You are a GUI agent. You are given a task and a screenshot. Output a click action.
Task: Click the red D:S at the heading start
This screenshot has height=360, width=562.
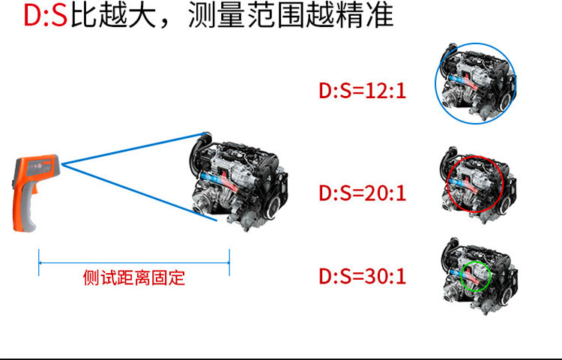(46, 16)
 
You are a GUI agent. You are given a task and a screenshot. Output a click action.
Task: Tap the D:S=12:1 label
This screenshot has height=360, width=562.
(362, 91)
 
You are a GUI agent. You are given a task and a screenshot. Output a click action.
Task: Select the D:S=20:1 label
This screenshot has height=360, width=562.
(362, 193)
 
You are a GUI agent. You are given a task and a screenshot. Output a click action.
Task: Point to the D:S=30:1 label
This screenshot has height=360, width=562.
(362, 277)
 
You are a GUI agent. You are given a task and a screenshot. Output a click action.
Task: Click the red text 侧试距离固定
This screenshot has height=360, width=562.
(133, 278)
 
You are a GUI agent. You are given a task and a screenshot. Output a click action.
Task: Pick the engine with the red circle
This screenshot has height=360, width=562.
(475, 184)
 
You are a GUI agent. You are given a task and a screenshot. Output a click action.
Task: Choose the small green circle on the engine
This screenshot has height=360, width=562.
(474, 275)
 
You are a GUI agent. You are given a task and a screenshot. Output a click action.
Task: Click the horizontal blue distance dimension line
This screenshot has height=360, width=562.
(133, 262)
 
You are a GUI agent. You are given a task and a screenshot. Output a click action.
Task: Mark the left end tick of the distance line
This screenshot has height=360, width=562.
(39, 262)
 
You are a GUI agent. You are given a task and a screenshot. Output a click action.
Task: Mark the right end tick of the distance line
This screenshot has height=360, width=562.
(229, 262)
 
